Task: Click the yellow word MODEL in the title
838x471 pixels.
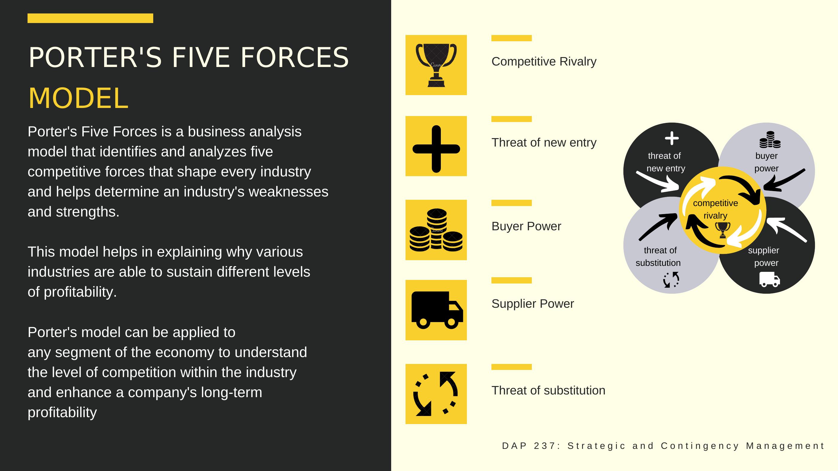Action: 78,98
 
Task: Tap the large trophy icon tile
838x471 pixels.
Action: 436,65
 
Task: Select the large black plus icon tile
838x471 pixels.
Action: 436,146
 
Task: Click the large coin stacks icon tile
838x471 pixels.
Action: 436,230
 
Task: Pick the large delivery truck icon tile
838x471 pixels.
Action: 436,310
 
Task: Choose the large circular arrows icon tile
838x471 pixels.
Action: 436,394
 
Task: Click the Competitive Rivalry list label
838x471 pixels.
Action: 544,61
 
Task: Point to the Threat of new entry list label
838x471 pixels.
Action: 544,143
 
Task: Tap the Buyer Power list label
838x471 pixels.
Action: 526,226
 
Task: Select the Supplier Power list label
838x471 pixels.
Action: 533,304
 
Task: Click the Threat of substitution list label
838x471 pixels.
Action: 549,390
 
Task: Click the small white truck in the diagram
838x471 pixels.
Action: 770,280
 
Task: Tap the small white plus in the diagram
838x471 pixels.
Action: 672,138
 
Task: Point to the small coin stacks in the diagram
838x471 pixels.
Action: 770,139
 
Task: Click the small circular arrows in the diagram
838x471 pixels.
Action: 671,280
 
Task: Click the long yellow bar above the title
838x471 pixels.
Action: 90,18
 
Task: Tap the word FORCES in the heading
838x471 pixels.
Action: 295,57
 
